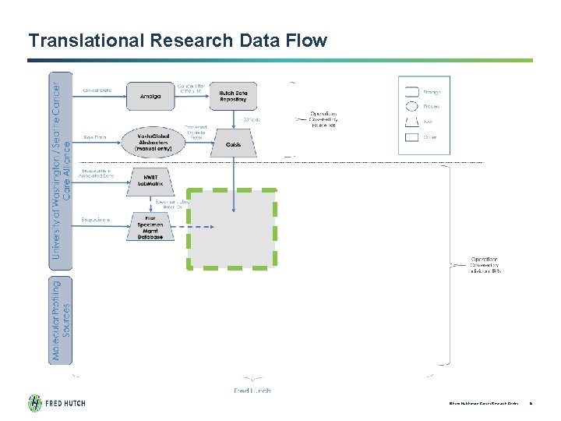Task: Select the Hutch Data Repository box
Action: (x=233, y=96)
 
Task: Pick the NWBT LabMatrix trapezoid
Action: (x=151, y=181)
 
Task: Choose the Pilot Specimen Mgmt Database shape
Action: (x=151, y=228)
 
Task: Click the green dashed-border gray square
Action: (x=231, y=228)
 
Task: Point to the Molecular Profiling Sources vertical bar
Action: (x=62, y=320)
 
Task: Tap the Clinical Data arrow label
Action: (x=97, y=90)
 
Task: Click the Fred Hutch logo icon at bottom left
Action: (x=36, y=403)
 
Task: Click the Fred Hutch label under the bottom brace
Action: (x=252, y=391)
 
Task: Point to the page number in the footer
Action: (x=530, y=403)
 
